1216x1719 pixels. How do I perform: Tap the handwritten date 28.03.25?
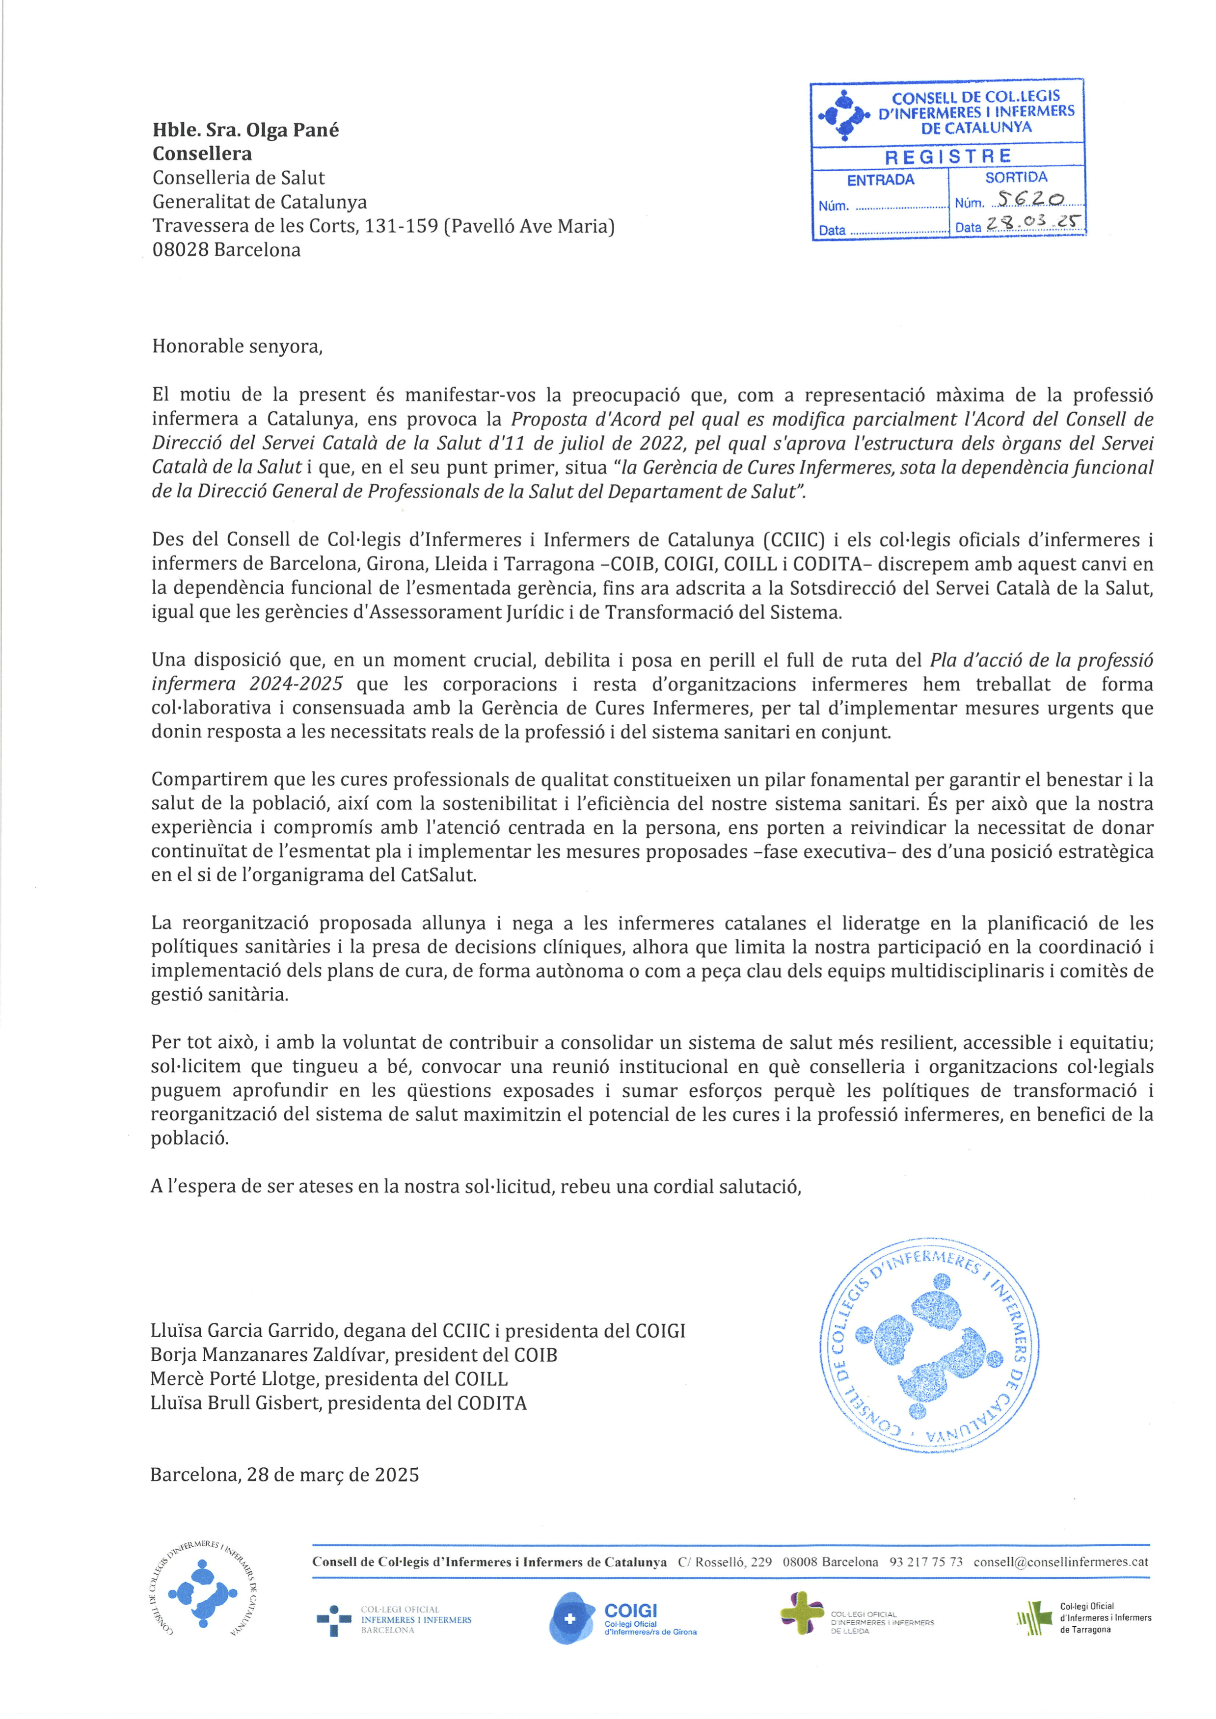coord(1033,224)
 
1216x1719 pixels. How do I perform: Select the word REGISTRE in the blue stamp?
coord(948,157)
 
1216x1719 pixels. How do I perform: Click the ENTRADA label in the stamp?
coord(881,180)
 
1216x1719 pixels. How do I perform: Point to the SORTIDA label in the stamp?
coord(1016,178)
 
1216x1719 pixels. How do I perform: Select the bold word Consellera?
coord(202,154)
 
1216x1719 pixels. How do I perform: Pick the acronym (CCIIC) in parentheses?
coord(794,540)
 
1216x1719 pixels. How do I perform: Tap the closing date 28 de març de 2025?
coord(332,1475)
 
